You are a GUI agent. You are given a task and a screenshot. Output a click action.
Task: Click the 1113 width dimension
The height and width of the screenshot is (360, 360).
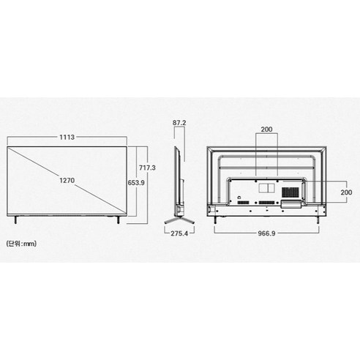point(67,137)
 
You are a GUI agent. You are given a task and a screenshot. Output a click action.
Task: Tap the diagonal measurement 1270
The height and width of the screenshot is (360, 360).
point(67,181)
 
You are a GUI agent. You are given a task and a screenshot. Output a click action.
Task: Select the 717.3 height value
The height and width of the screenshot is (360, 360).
point(147,168)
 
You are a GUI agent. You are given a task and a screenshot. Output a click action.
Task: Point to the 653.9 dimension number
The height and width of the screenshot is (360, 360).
point(136,182)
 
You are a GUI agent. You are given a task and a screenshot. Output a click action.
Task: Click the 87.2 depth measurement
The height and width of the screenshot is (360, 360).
point(179,123)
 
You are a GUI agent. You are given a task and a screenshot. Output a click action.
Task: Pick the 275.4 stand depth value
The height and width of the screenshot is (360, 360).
point(179,233)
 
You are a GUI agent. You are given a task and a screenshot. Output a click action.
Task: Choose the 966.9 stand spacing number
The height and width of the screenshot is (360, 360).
point(266,233)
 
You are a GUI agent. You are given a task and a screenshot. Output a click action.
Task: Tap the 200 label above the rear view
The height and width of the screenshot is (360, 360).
point(266,130)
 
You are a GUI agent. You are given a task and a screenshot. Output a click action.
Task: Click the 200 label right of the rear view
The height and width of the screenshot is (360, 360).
point(346,192)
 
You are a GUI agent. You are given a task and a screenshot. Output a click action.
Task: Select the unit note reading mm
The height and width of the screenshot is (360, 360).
point(21,244)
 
